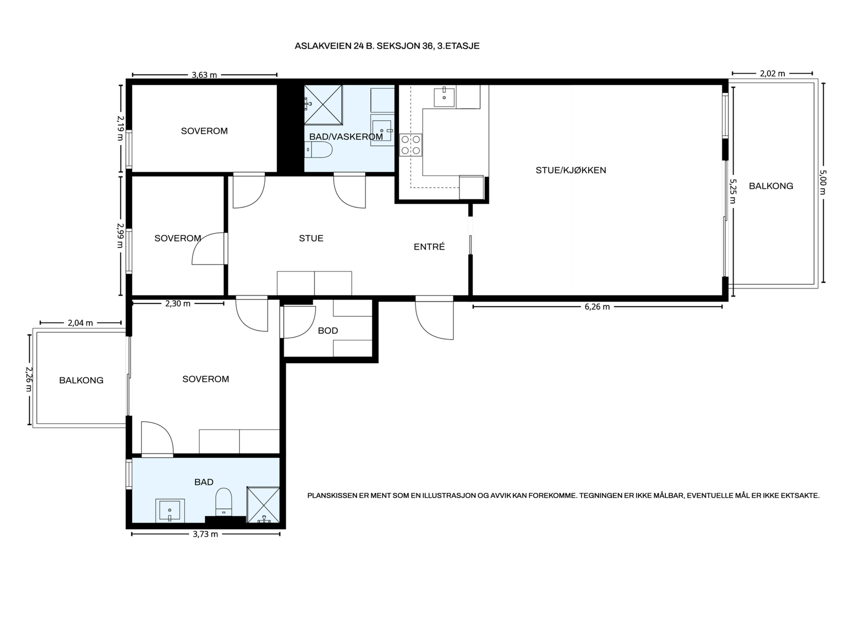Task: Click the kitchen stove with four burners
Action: [x=411, y=145]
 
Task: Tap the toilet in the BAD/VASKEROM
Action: [x=319, y=150]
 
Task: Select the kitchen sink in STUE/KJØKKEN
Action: [x=444, y=97]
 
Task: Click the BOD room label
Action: [x=328, y=331]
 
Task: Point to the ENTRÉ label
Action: [x=429, y=247]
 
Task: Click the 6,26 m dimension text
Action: [x=597, y=307]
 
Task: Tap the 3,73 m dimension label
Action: [x=205, y=534]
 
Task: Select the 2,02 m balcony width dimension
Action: [x=772, y=74]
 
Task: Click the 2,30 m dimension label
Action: [x=178, y=303]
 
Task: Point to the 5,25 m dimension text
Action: [x=733, y=191]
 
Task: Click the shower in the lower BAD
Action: [x=263, y=505]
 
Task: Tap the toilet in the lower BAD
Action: [x=223, y=502]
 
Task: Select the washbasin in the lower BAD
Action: [x=170, y=510]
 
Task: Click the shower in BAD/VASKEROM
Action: [x=323, y=105]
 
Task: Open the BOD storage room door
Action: [x=297, y=322]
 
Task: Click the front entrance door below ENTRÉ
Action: [x=434, y=317]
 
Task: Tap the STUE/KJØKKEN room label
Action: [x=571, y=170]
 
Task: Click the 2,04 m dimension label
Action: [x=81, y=323]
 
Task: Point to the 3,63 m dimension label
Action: [x=204, y=75]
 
